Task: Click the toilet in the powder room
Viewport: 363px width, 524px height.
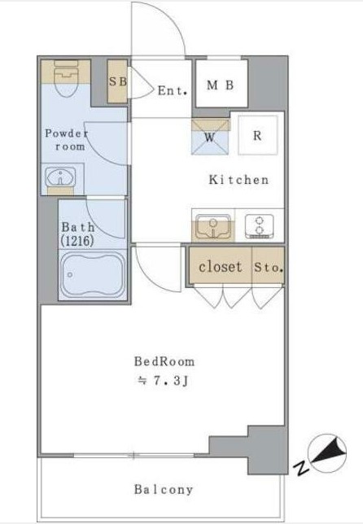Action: click(x=66, y=78)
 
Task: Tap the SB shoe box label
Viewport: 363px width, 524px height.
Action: click(x=118, y=81)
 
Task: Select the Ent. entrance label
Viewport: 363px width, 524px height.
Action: click(x=173, y=90)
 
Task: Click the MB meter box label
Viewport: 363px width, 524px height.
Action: click(x=221, y=85)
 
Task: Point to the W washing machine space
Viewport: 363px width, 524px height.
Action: click(x=210, y=137)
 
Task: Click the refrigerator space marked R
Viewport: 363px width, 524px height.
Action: click(x=258, y=135)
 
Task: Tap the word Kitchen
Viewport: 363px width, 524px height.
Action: click(x=238, y=180)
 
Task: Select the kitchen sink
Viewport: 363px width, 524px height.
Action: click(x=213, y=226)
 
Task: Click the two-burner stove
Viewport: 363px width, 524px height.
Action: click(x=259, y=226)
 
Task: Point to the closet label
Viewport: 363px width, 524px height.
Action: click(x=220, y=267)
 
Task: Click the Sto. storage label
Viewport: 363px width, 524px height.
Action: click(x=269, y=268)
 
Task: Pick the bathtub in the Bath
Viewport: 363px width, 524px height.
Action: click(x=92, y=275)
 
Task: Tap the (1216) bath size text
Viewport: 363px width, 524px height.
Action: click(x=77, y=241)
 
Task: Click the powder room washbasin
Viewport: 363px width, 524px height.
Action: click(x=61, y=176)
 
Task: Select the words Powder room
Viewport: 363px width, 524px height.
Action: click(x=68, y=140)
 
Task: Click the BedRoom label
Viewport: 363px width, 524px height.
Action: click(x=164, y=361)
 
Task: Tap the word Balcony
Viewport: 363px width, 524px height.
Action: click(x=164, y=489)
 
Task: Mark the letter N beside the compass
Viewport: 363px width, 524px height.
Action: click(x=301, y=468)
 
